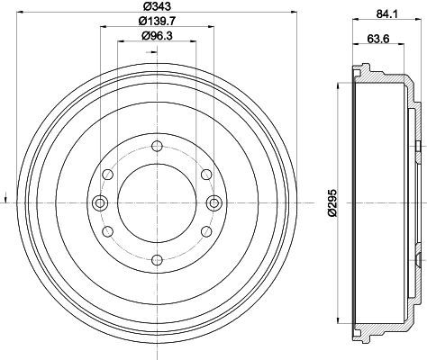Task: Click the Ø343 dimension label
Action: [x=157, y=5]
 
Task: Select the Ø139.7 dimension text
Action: [x=157, y=21]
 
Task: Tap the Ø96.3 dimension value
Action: [x=157, y=36]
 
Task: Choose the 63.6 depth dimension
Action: [x=378, y=39]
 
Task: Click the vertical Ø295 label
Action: [x=333, y=202]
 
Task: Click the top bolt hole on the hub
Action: [x=157, y=147]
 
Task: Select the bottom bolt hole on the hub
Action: [x=157, y=260]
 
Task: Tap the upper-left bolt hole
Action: [x=108, y=175]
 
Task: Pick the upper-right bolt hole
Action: [x=206, y=175]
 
